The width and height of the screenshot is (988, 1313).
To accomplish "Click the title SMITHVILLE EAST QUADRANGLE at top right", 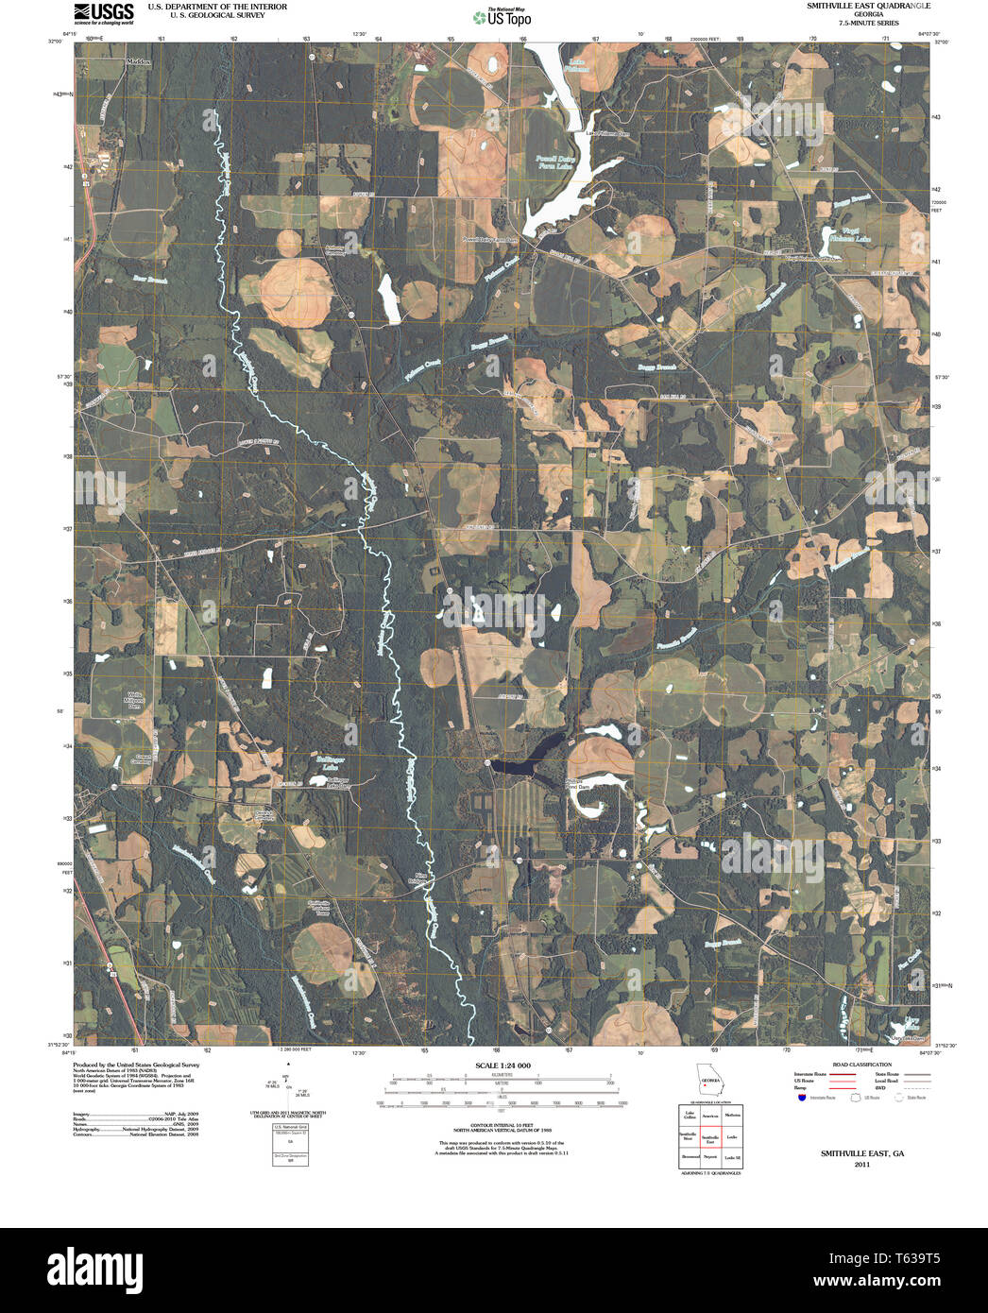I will (x=861, y=7).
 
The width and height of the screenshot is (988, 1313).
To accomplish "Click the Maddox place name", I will (x=139, y=61).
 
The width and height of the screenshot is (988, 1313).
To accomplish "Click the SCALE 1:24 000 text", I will (x=503, y=1066).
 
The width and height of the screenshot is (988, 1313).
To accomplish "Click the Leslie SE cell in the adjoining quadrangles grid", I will (x=731, y=1157).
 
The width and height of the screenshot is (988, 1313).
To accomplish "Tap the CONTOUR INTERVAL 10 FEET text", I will (x=503, y=1123).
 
